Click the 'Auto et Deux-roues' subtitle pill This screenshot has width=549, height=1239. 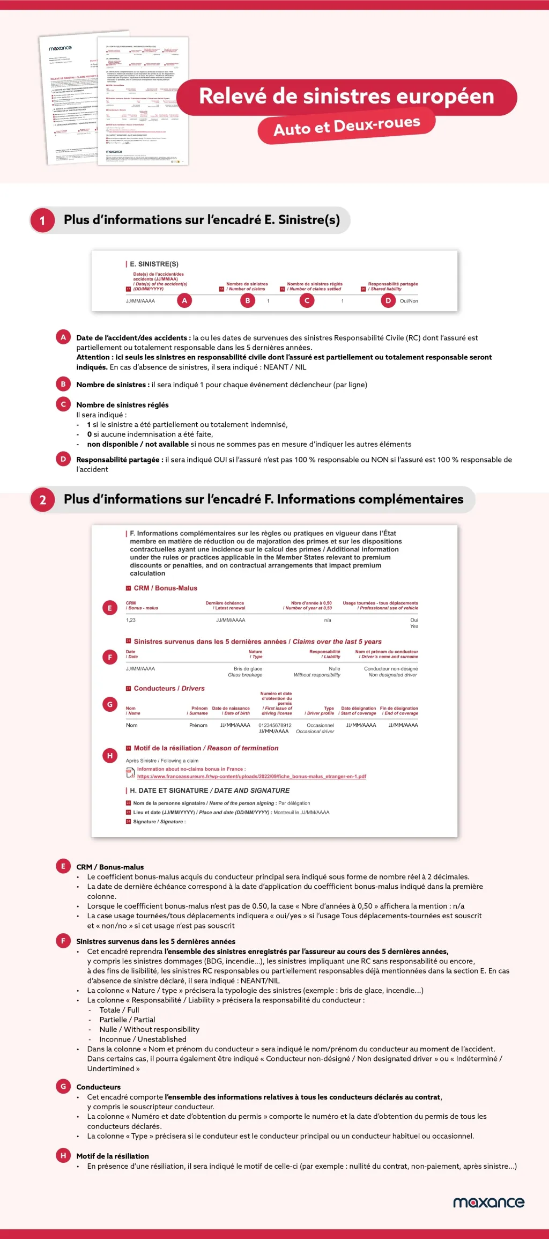pyautogui.click(x=346, y=127)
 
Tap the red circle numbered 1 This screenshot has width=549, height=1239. pyautogui.click(x=42, y=220)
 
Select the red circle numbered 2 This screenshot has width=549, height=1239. pyautogui.click(x=42, y=500)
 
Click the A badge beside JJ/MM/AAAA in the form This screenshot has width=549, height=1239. pyautogui.click(x=184, y=301)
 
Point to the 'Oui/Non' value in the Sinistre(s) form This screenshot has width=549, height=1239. pyautogui.click(x=409, y=301)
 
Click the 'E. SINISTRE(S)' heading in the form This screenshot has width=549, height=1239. pyautogui.click(x=154, y=264)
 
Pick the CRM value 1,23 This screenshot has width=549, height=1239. pyautogui.click(x=131, y=620)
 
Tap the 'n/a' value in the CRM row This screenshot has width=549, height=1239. pyautogui.click(x=328, y=620)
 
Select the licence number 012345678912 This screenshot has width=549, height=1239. pyautogui.click(x=275, y=725)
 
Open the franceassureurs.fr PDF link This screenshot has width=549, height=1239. pyautogui.click(x=251, y=777)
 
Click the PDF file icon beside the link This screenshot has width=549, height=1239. pyautogui.click(x=130, y=773)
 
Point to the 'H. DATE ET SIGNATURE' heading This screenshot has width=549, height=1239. pyautogui.click(x=210, y=791)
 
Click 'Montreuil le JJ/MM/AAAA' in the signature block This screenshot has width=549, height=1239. pyautogui.click(x=301, y=813)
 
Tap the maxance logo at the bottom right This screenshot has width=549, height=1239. pyautogui.click(x=488, y=1202)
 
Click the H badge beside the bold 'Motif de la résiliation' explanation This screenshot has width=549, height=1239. pyautogui.click(x=63, y=1156)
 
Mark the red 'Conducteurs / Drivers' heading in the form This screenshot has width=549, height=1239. pyautogui.click(x=169, y=689)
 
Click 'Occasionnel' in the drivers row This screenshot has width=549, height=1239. pyautogui.click(x=320, y=725)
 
